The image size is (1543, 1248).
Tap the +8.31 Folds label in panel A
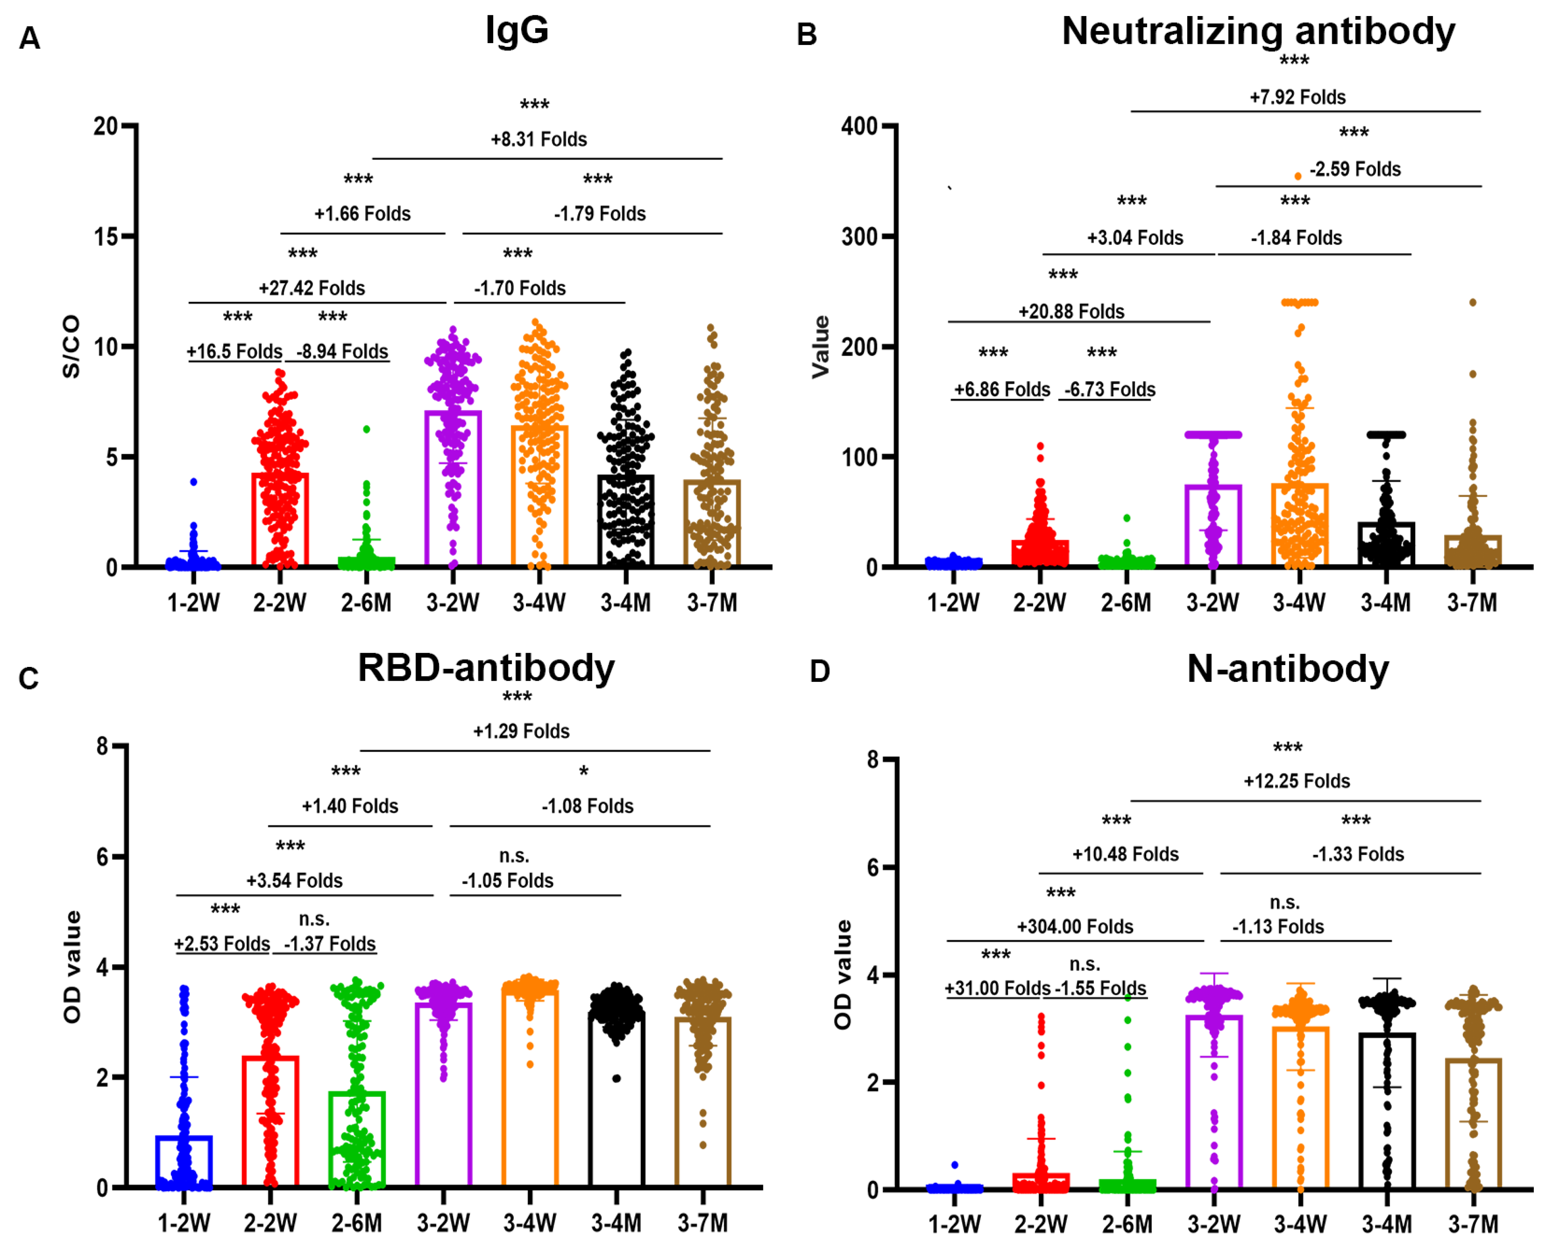point(539,140)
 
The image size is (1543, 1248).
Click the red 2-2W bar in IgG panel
point(280,519)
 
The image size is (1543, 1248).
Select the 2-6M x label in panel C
point(356,1223)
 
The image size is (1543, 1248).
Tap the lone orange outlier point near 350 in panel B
point(1297,176)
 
